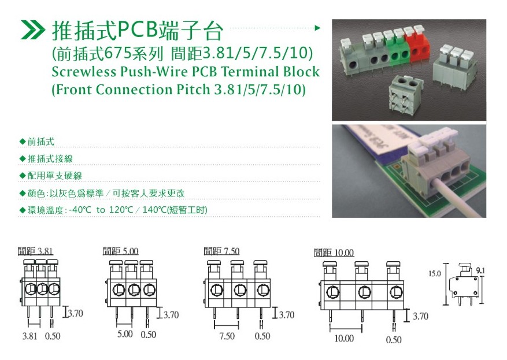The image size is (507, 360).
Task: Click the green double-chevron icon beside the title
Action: [32, 29]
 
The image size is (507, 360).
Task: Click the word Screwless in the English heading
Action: [84, 72]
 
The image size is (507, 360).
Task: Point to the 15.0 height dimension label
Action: [435, 274]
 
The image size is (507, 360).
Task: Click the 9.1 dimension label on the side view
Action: [480, 270]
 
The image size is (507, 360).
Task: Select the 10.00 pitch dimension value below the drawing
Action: [344, 339]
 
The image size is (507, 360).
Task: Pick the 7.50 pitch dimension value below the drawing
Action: [227, 336]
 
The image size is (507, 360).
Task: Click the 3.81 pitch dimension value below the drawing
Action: [29, 336]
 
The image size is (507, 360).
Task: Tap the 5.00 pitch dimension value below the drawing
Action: [125, 334]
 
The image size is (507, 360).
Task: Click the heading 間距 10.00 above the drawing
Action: [334, 253]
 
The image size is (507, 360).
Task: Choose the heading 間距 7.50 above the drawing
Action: [222, 251]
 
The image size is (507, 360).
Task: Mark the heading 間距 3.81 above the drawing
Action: [35, 251]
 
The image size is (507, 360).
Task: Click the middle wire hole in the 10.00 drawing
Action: [364, 292]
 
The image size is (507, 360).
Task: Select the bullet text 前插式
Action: [40, 142]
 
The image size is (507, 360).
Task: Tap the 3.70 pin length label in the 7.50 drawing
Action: [287, 315]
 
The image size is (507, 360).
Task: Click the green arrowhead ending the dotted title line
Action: [318, 28]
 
